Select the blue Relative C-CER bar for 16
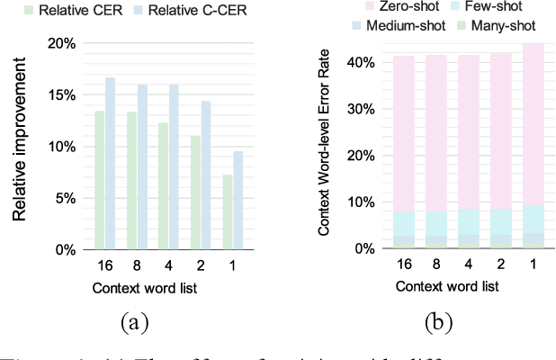point(110,164)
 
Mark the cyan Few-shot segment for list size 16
point(403,224)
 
